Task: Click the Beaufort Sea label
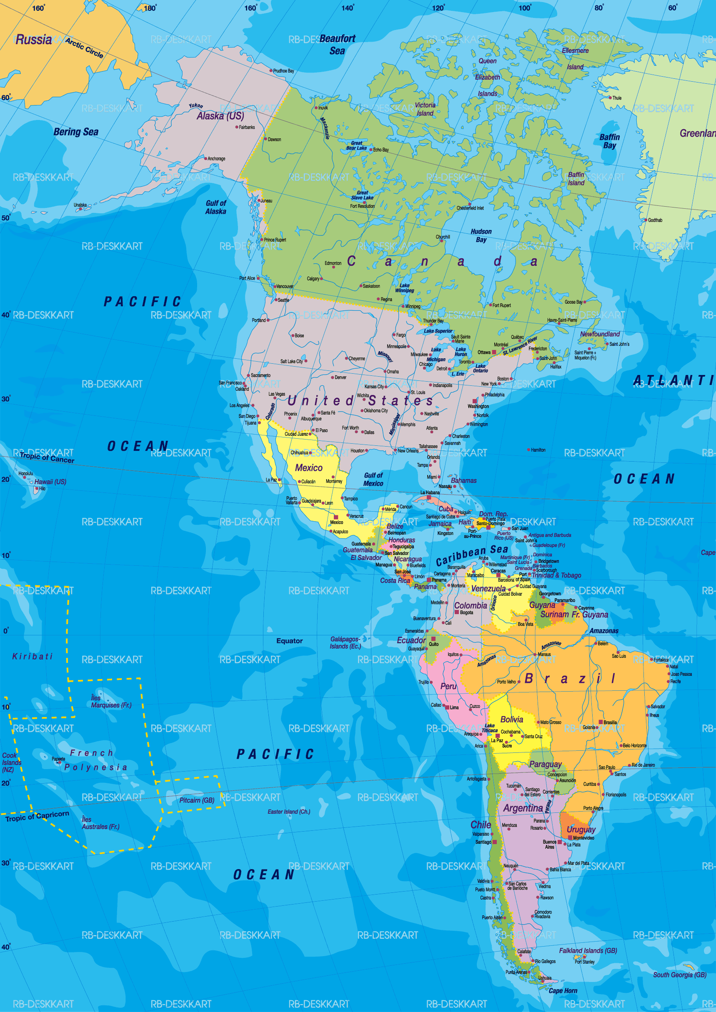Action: [x=337, y=45]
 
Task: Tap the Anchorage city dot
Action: [x=205, y=158]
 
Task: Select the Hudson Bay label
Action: [x=481, y=235]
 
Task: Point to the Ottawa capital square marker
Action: [x=494, y=352]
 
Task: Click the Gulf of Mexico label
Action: [x=373, y=479]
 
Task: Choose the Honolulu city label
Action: [x=25, y=473]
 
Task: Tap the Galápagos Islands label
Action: [x=345, y=642]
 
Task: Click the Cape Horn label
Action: [x=563, y=991]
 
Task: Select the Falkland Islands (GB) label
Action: [x=588, y=951]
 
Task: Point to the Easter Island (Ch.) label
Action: [x=289, y=812]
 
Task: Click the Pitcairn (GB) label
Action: [x=197, y=800]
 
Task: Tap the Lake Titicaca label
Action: [x=489, y=728]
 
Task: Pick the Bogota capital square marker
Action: [x=456, y=612]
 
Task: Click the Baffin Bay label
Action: [x=609, y=141]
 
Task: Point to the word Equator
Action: [x=289, y=641]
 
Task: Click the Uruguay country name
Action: [x=581, y=830]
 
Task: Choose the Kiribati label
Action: [x=33, y=657]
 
